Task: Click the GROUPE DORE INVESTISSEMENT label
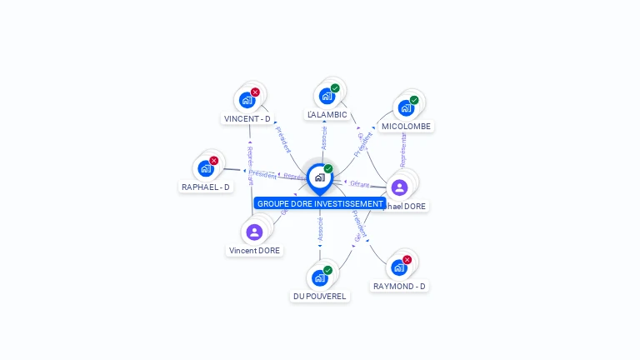coord(320,203)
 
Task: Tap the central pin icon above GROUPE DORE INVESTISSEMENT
coord(319,177)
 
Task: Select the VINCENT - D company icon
coord(247,100)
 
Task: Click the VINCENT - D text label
coord(247,118)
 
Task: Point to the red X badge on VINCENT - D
coord(255,92)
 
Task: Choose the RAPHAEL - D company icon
coord(205,168)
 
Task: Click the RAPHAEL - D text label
coord(206,187)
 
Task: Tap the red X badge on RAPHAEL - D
coord(214,161)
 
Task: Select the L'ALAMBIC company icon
coord(327,96)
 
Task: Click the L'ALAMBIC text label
coord(327,114)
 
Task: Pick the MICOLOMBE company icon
coord(406,107)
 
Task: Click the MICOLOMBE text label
coord(406,127)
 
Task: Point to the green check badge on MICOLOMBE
coord(414,100)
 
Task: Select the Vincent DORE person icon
coord(255,232)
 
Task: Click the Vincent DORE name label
coord(255,250)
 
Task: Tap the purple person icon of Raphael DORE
coord(399,187)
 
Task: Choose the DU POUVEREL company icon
coord(319,277)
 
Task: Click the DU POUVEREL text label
coord(320,296)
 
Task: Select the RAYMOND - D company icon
coord(399,267)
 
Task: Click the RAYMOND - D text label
coord(400,286)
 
